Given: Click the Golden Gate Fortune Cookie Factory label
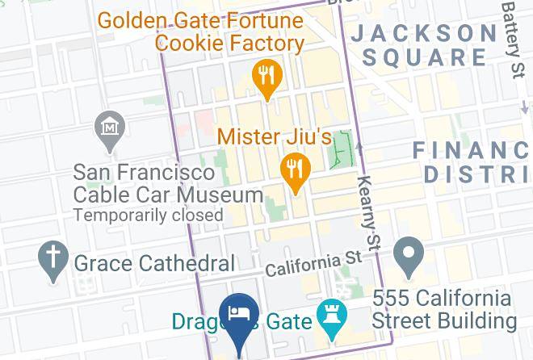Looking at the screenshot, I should pos(201,31).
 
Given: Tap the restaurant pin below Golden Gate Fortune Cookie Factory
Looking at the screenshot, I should pos(266,77).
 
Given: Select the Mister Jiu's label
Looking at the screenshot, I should pos(275,136).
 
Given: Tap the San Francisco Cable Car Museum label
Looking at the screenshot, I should pos(168,184).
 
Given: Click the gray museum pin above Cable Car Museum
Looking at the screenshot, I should pos(109,129).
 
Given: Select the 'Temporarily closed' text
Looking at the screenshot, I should pos(148,216).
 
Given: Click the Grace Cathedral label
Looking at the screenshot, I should pos(154,263).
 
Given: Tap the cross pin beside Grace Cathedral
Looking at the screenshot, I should pos(54,259).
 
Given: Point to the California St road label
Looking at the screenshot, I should pos(313,262).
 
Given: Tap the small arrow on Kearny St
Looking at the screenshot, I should pos(359,146).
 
